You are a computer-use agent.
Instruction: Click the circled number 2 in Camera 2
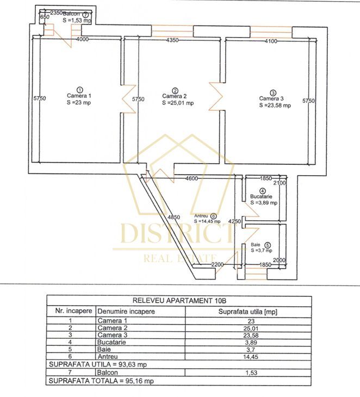[175, 90]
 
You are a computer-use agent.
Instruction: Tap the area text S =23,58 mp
[275, 106]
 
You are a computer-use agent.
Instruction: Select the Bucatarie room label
[262, 196]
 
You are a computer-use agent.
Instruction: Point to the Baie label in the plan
[256, 245]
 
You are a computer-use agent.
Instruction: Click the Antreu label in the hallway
[200, 215]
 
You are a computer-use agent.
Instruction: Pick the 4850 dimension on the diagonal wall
[174, 218]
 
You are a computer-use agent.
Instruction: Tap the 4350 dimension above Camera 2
[173, 41]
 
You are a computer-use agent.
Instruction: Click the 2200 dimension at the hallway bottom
[218, 264]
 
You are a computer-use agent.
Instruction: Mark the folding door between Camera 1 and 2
[128, 100]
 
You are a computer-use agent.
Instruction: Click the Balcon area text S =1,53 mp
[76, 20]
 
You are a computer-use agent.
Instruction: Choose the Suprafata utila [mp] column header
[248, 312]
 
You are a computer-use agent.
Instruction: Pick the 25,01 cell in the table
[248, 328]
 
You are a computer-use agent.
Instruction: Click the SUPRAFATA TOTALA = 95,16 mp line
[91, 381]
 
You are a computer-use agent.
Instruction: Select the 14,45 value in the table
[248, 356]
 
